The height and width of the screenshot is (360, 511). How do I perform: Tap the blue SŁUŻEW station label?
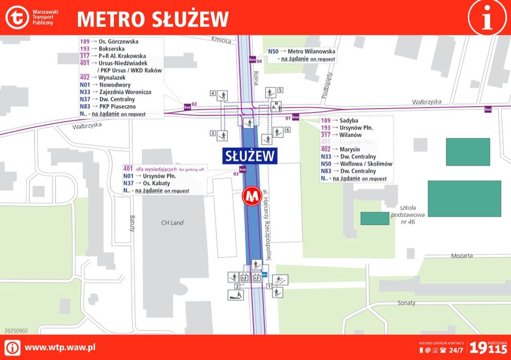250,156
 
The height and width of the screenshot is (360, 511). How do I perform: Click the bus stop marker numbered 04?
253,60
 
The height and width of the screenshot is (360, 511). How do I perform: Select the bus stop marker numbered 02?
187,106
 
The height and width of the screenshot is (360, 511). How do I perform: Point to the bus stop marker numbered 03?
242,169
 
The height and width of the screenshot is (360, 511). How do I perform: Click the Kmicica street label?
221,40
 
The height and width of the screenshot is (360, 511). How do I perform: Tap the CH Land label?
172,223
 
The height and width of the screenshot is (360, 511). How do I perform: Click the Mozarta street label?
462,255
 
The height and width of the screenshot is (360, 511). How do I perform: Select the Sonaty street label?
406,303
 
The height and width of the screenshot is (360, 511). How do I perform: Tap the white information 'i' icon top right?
487,18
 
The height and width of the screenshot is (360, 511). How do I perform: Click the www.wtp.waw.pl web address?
60,347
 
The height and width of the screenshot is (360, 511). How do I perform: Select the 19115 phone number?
488,347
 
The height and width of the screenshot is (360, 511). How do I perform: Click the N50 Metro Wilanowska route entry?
301,51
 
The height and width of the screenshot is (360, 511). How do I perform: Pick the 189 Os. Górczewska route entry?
109,42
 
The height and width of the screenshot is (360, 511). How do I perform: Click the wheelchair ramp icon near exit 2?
235,295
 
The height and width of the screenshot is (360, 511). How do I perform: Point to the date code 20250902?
16,331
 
